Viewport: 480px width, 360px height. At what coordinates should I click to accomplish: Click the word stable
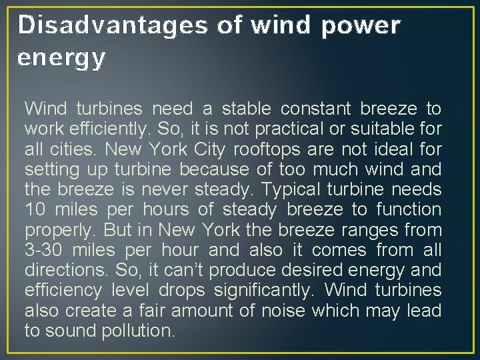(x=245, y=108)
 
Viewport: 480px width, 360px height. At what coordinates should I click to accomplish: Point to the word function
(x=408, y=209)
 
